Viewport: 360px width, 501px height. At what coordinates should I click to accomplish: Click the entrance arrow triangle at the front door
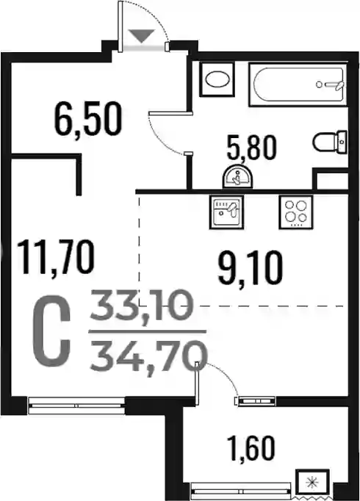click(142, 35)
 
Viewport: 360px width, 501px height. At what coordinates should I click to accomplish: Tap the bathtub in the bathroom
click(298, 84)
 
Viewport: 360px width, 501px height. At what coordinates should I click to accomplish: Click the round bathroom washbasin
click(237, 177)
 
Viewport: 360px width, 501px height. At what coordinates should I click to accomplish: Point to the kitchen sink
click(226, 212)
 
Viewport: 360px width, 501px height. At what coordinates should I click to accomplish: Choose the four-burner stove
click(296, 212)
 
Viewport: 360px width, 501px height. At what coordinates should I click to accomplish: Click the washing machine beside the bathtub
click(217, 79)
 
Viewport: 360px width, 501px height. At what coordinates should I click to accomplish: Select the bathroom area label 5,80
click(251, 148)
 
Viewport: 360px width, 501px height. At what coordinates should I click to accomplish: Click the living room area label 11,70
click(56, 258)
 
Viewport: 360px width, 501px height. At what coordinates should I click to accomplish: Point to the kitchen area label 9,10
click(250, 267)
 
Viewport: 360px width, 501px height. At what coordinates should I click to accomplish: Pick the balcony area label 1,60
click(251, 449)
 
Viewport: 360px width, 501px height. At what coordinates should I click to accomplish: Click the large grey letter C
click(51, 331)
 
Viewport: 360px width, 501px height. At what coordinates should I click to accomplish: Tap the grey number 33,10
click(142, 306)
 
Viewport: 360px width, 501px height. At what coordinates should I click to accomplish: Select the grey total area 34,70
click(149, 356)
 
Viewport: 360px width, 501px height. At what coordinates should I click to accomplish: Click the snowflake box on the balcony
click(312, 482)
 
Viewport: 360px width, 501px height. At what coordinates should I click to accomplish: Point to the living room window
click(76, 406)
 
